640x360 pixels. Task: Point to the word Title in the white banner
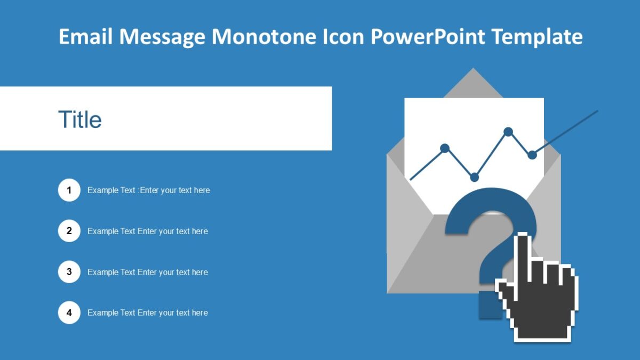tap(80, 119)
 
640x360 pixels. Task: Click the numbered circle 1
tap(69, 190)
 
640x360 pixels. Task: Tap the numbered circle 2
tap(69, 231)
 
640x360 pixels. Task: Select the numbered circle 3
tap(69, 272)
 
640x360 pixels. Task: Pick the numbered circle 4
tap(69, 313)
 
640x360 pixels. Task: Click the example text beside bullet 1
tap(149, 190)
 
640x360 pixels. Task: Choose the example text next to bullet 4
tap(148, 313)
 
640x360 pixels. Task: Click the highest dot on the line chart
tap(508, 131)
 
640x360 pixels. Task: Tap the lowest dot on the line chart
tap(474, 177)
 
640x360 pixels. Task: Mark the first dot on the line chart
tap(445, 148)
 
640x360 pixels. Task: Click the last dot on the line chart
tap(532, 155)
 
